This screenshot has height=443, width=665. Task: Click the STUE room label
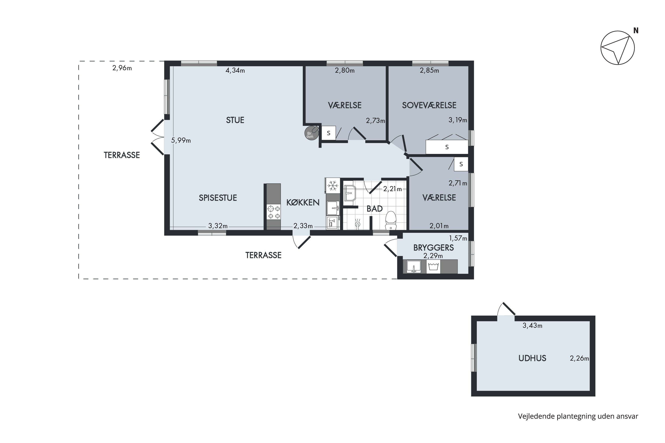point(235,120)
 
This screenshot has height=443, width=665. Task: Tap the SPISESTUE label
point(218,198)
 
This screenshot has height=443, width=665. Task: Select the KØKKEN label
point(303,202)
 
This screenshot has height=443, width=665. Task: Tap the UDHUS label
point(532,358)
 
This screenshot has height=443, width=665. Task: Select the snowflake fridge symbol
point(332,186)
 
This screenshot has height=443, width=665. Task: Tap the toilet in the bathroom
point(391,220)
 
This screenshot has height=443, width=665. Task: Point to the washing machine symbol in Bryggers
point(433,266)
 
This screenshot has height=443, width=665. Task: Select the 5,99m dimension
point(181,140)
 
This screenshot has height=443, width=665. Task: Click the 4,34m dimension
point(235,70)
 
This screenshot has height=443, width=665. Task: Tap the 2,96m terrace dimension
point(122,68)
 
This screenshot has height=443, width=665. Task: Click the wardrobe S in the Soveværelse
point(447,147)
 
